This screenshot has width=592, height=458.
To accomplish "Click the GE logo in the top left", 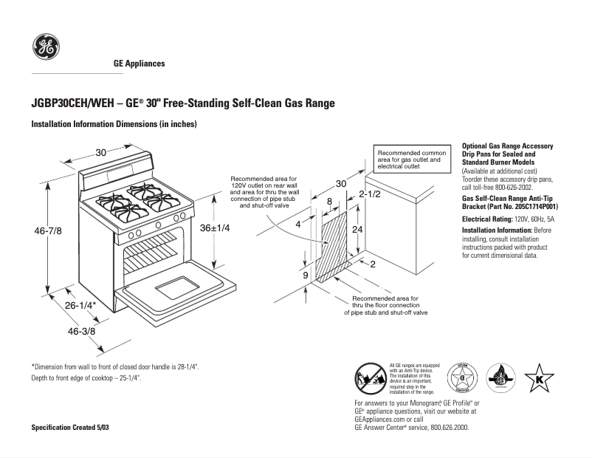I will [x=46, y=48].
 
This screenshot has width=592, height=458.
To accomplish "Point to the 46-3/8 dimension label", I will [x=82, y=332].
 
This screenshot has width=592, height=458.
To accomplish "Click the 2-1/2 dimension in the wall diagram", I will [x=369, y=194].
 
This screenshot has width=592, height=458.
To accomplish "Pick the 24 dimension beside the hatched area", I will [x=357, y=230].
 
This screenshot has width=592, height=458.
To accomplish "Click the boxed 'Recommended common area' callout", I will [x=411, y=159].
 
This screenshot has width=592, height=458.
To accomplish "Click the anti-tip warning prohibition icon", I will [x=369, y=377].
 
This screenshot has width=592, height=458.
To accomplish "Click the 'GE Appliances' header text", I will [x=139, y=64].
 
